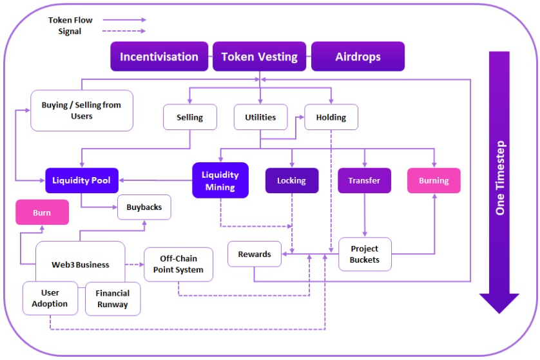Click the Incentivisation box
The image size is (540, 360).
tap(159, 57)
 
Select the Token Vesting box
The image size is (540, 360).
tap(259, 57)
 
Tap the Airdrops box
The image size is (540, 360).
tap(358, 57)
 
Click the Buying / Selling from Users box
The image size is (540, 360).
tap(81, 110)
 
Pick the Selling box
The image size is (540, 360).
tap(189, 117)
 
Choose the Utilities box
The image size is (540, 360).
tap(260, 117)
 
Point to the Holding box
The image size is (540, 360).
tap(331, 117)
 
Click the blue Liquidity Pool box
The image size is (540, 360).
tap(81, 180)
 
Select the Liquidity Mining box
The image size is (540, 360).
tap(220, 180)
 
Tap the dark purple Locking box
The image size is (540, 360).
tap(291, 180)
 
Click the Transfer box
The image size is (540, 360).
tap(364, 180)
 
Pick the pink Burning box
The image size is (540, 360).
tap(434, 180)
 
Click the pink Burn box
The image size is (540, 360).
tap(42, 213)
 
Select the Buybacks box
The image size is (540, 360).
tap(144, 207)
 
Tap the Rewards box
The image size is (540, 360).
tap(254, 254)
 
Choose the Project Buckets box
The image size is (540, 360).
tap(364, 254)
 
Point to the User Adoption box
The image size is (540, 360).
tap(50, 298)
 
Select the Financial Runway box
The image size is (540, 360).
tap(112, 299)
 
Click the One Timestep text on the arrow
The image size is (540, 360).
tap(499, 178)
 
